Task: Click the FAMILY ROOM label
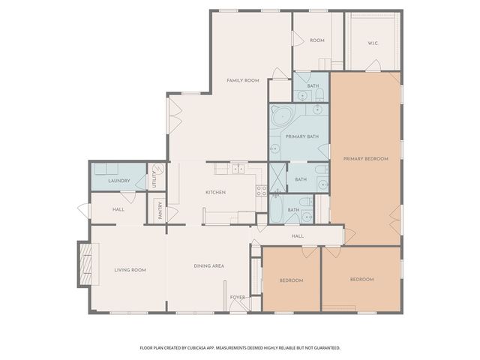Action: coord(243,80)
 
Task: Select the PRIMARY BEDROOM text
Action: coord(365,158)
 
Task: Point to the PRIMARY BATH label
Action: coord(302,136)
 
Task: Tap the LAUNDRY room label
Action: coord(119,181)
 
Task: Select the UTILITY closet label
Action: coord(154,179)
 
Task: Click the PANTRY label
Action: coord(160,211)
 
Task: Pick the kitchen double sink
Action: coord(238,168)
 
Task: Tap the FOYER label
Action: coord(238,297)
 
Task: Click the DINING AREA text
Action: coord(209,266)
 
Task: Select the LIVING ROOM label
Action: coord(130,270)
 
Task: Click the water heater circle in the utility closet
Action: coord(157,169)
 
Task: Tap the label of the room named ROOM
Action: coord(316,40)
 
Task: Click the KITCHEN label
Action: coord(216,193)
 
